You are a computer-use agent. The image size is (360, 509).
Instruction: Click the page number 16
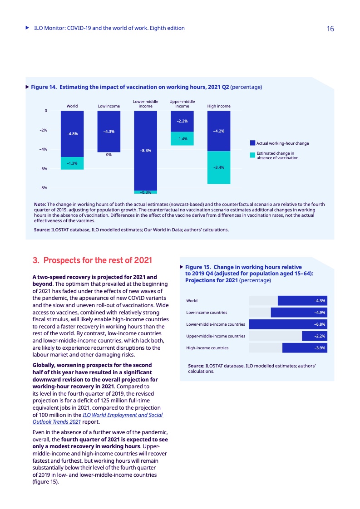coord(330,29)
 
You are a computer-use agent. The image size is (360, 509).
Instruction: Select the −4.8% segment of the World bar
coord(72,134)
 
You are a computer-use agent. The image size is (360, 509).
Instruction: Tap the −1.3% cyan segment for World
coord(72,163)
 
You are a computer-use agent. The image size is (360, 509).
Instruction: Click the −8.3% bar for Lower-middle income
coord(146,150)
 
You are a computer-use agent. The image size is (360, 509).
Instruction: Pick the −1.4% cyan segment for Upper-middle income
coord(182,138)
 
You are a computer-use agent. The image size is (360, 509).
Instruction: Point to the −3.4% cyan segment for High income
coord(219,167)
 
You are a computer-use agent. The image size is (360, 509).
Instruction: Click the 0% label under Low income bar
coord(109,155)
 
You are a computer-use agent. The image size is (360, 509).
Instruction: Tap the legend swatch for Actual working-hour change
coord(253,143)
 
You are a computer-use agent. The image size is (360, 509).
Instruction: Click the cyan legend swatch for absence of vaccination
coord(253,155)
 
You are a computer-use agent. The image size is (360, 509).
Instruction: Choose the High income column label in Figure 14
coord(219,106)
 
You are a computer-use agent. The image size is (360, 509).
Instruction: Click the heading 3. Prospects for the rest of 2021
coord(92,261)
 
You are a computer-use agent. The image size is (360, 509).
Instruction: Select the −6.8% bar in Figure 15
coord(288,324)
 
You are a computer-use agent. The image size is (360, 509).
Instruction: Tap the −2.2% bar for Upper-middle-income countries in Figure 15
coord(314,336)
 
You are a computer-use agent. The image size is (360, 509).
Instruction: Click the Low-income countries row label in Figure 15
coord(207,313)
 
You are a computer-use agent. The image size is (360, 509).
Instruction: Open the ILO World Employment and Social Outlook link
coord(123,415)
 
